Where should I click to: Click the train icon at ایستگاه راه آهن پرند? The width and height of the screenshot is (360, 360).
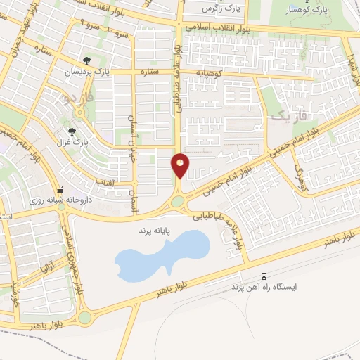click(264, 276)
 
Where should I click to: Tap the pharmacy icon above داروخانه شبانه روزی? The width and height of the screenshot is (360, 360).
click(60, 190)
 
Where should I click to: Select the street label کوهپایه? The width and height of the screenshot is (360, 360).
click(210, 72)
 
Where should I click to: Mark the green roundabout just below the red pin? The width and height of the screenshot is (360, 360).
click(176, 201)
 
